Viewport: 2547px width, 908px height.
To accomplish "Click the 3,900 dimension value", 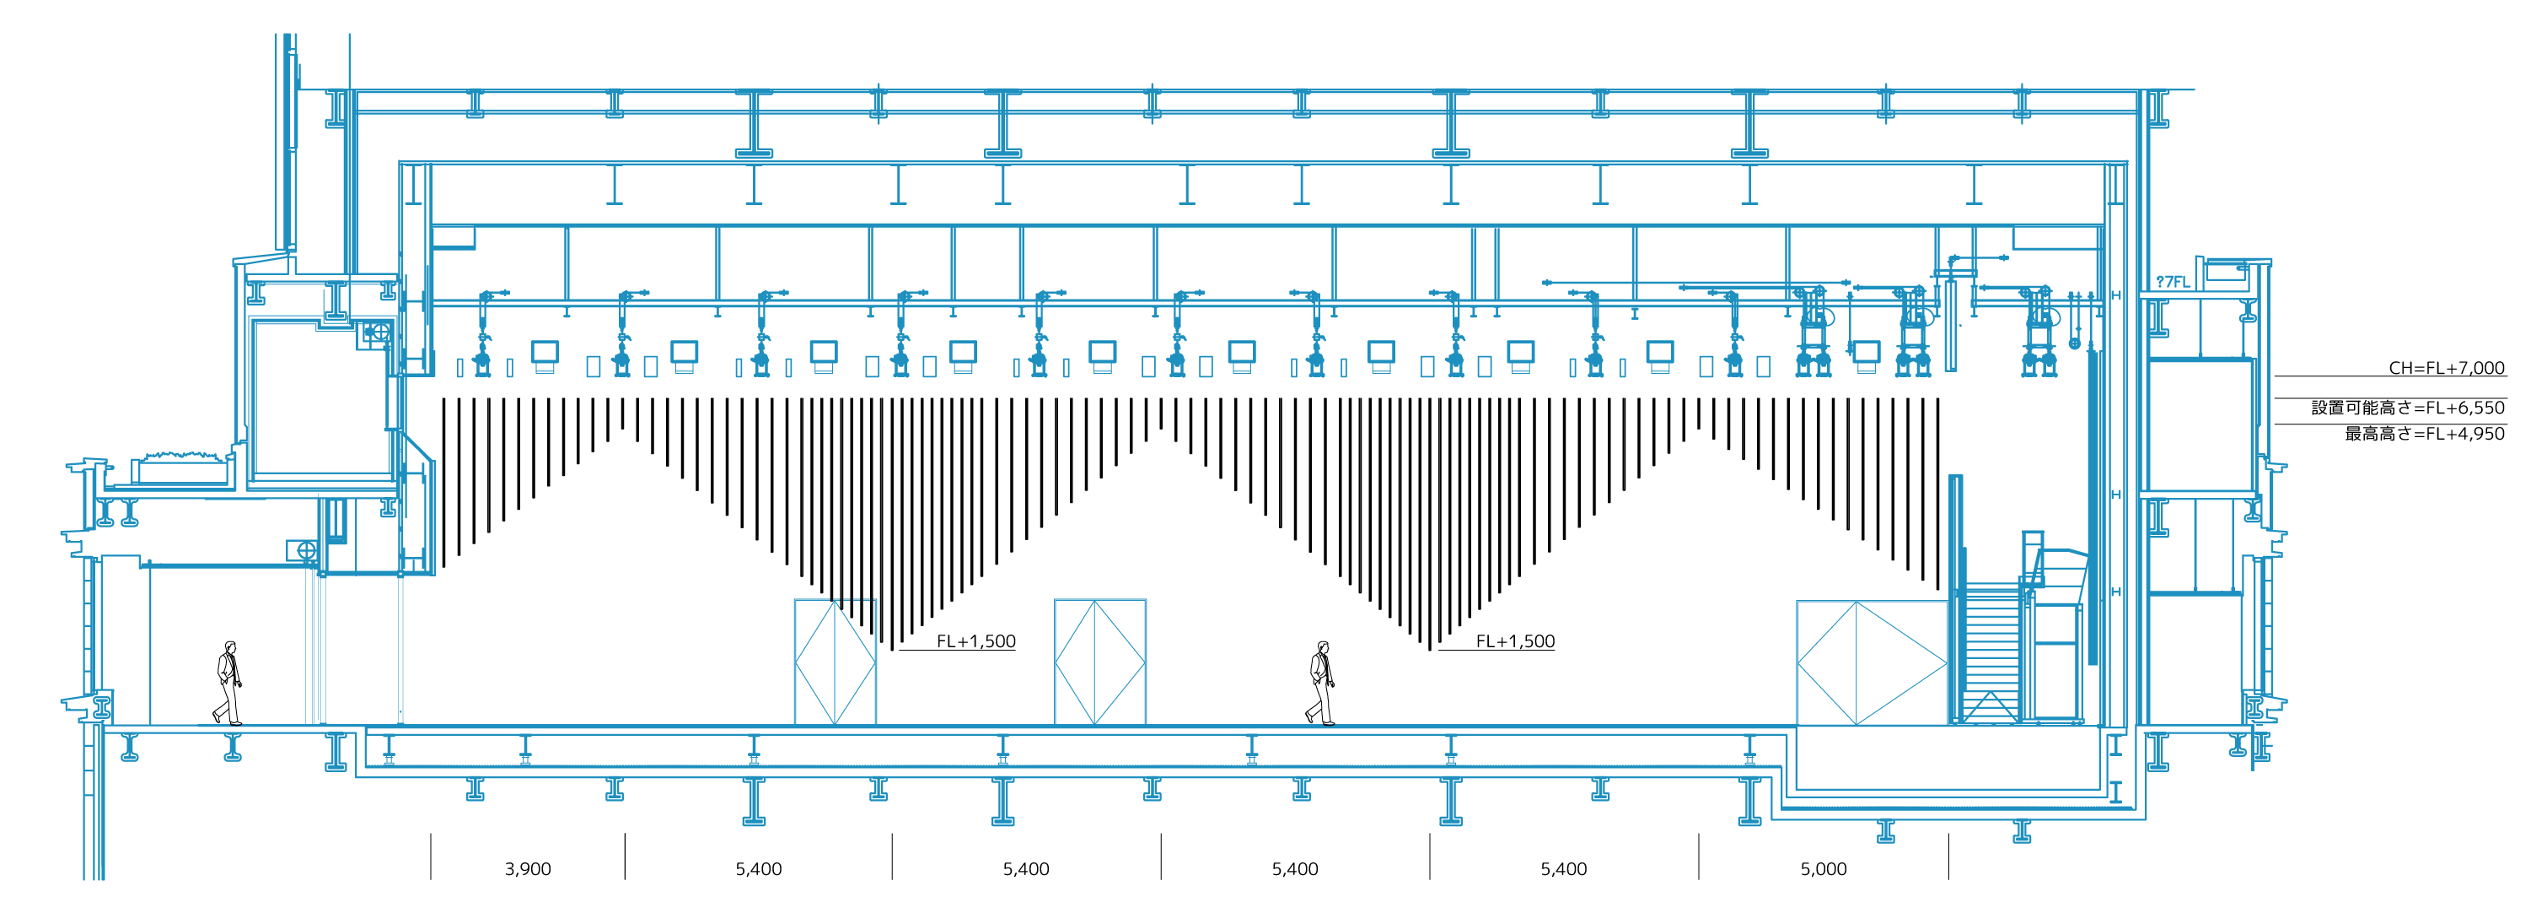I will tap(527, 869).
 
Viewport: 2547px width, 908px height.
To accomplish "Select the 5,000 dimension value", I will tap(1824, 869).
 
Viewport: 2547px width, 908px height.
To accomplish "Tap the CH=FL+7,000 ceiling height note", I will tap(2446, 368).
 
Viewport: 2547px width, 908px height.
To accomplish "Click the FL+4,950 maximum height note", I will tap(2425, 433).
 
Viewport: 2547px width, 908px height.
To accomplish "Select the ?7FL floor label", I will tap(2173, 282).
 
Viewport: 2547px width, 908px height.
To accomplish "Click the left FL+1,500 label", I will tap(976, 641).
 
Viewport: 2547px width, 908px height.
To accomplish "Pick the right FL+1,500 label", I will tap(1515, 641).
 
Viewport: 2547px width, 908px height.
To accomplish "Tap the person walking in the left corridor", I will tap(228, 683).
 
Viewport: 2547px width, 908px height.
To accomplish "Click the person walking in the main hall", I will tap(1321, 683).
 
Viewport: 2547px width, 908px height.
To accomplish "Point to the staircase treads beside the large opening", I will tap(1990, 643).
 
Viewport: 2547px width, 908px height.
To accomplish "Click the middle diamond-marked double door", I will tap(1099, 662).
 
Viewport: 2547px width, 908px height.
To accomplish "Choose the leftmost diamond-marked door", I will tap(835, 662).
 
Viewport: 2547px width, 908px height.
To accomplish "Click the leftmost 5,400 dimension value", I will tap(758, 869).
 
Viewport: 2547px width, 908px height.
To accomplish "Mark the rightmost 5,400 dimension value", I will tap(1563, 869).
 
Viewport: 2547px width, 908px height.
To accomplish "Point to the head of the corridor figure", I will tap(230, 647).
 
